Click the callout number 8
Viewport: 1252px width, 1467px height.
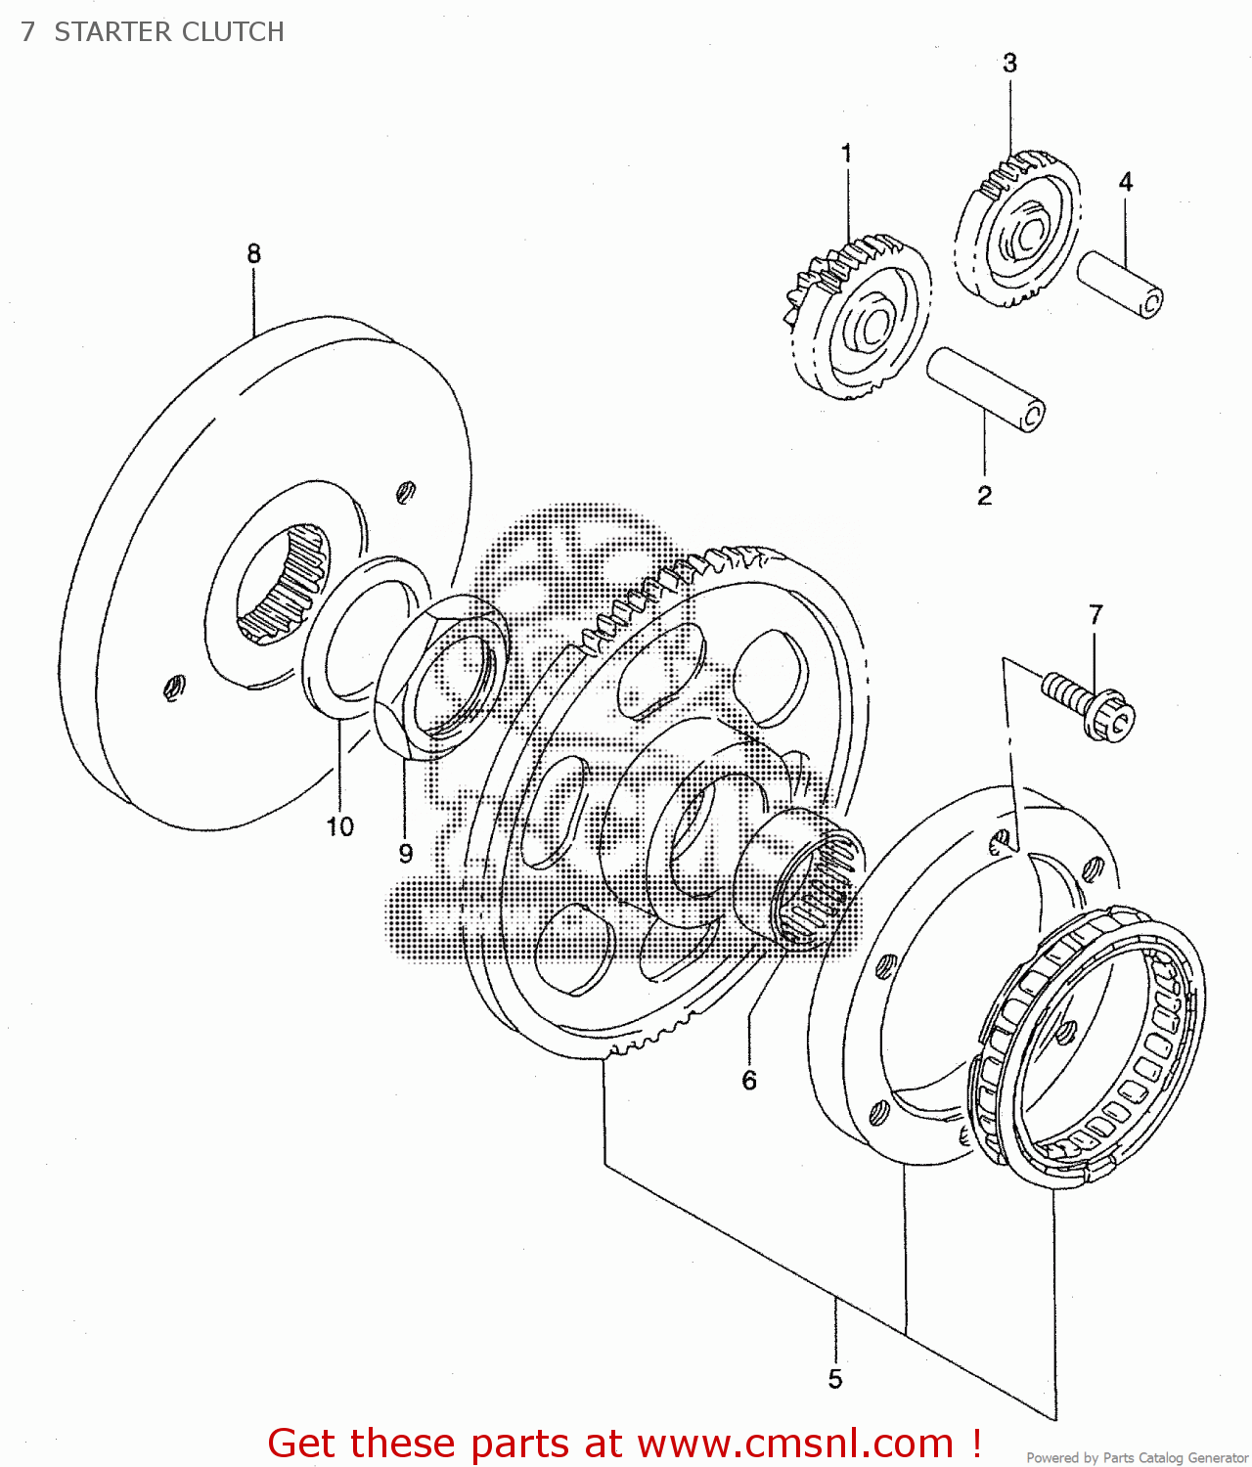point(253,253)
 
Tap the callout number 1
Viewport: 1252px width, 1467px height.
point(846,154)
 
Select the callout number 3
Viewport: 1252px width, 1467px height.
point(1009,64)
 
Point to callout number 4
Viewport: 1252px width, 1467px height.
point(1126,182)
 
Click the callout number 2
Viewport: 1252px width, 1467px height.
point(984,496)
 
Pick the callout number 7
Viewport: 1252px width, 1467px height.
point(1095,615)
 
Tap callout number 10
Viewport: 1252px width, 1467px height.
point(339,827)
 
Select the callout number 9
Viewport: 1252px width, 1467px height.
point(406,854)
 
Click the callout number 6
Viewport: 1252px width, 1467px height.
point(749,1081)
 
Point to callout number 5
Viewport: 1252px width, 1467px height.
point(834,1379)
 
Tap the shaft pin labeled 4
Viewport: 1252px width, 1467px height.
point(1120,284)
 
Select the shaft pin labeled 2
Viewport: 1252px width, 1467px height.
point(985,388)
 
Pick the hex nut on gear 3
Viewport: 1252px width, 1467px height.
point(1027,235)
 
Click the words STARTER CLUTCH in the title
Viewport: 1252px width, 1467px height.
point(169,32)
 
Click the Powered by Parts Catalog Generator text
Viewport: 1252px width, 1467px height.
point(1137,1458)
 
